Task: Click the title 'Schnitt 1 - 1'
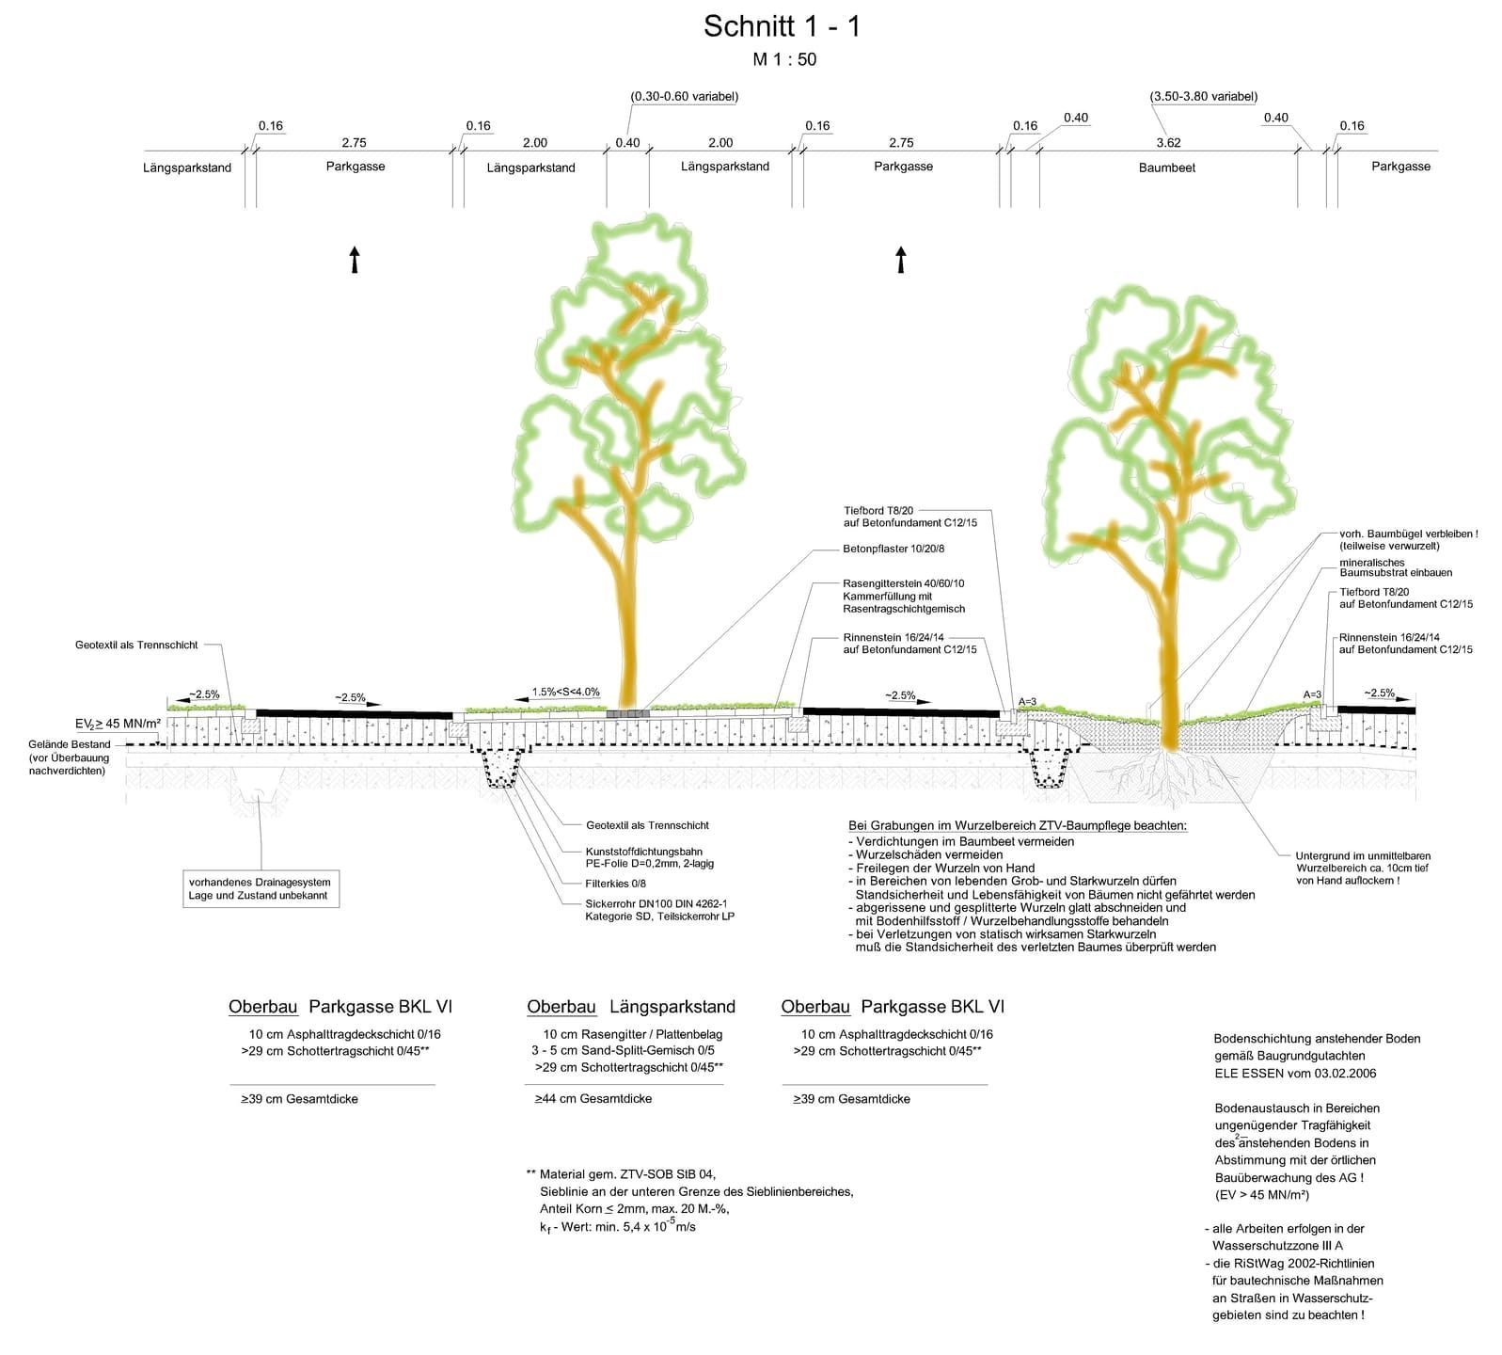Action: coord(782,27)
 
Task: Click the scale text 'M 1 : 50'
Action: coord(784,60)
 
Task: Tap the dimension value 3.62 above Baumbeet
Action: coord(1168,143)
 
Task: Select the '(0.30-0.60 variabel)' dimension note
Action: coord(684,97)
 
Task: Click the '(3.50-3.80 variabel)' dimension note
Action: coord(1203,97)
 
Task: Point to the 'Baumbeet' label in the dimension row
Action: coord(1166,167)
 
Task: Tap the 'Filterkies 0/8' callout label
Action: coord(615,884)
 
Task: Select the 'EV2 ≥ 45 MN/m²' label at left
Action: coord(118,724)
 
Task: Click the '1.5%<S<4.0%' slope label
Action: coord(565,693)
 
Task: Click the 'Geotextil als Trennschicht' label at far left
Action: coord(136,646)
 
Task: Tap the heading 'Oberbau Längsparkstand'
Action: coord(630,1007)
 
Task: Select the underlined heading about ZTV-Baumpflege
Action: coord(1018,826)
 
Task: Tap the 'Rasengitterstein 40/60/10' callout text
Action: coord(903,583)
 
